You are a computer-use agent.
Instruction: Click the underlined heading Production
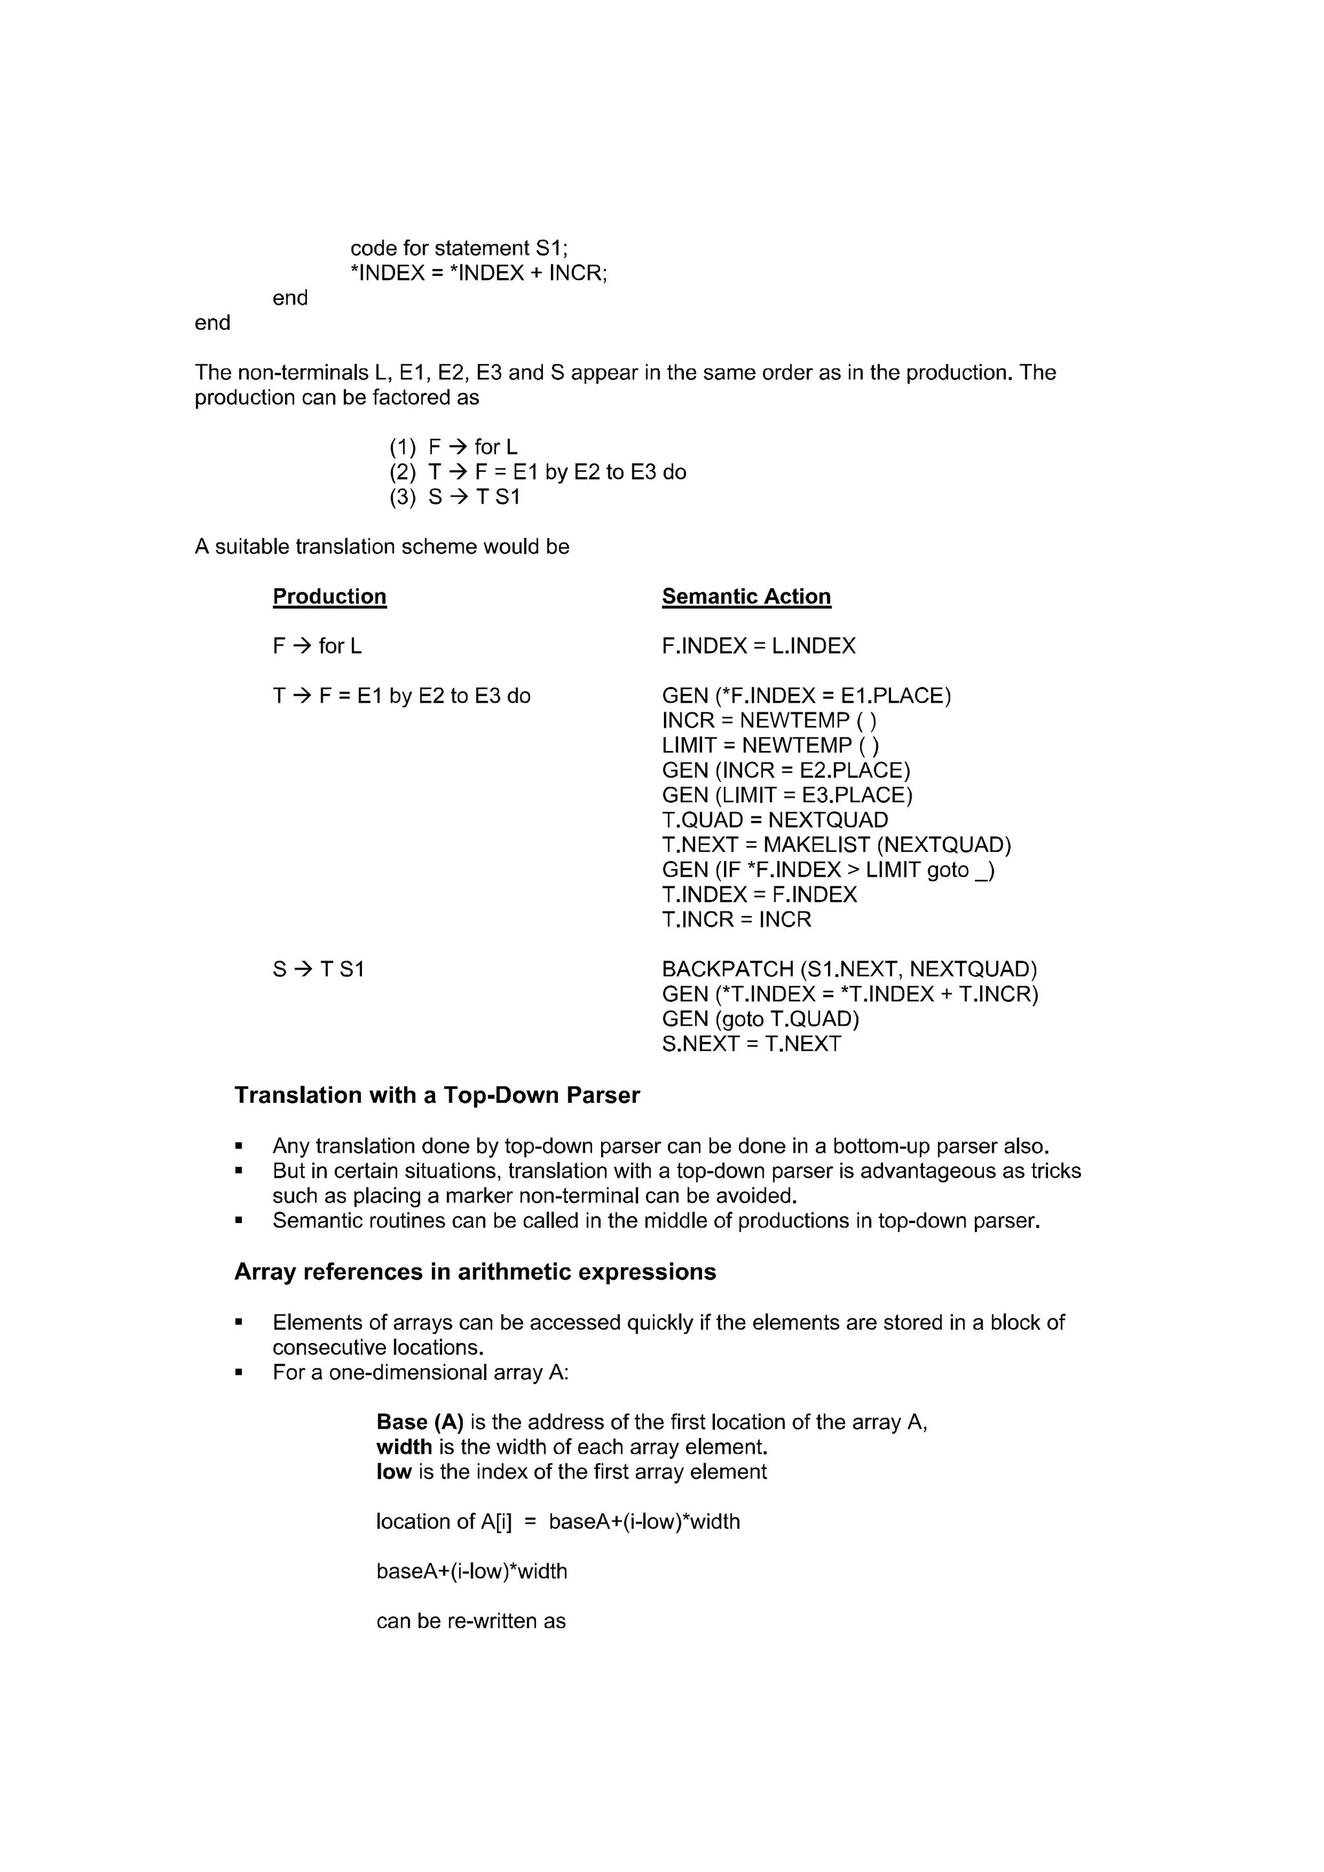point(329,597)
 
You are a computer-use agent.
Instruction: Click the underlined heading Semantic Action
point(746,597)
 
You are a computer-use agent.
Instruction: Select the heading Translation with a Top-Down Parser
point(437,1095)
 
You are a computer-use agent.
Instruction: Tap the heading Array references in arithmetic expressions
point(475,1272)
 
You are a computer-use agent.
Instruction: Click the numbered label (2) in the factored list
point(402,472)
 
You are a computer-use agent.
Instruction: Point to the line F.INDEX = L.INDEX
point(758,646)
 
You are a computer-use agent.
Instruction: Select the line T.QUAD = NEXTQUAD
point(774,820)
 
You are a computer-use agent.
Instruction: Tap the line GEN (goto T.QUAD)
point(760,1019)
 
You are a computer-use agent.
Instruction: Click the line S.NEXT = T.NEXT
point(751,1045)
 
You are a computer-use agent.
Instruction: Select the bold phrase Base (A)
point(419,1422)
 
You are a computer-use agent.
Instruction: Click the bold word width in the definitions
point(403,1447)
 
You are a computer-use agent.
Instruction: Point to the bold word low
point(394,1472)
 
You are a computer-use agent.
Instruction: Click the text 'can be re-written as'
point(471,1621)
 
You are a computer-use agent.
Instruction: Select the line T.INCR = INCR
point(736,920)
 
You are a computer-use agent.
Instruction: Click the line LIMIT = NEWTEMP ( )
point(769,746)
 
